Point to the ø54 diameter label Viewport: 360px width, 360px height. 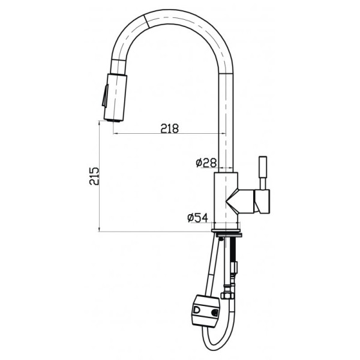198,218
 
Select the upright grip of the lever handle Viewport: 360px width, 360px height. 262,172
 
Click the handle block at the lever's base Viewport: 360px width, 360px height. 263,200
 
